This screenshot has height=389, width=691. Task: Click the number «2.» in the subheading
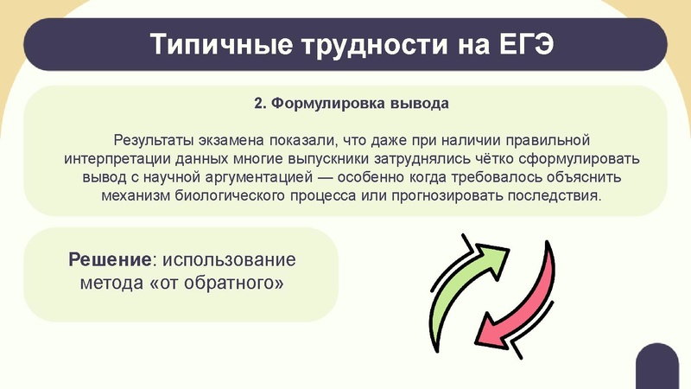tap(261, 105)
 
